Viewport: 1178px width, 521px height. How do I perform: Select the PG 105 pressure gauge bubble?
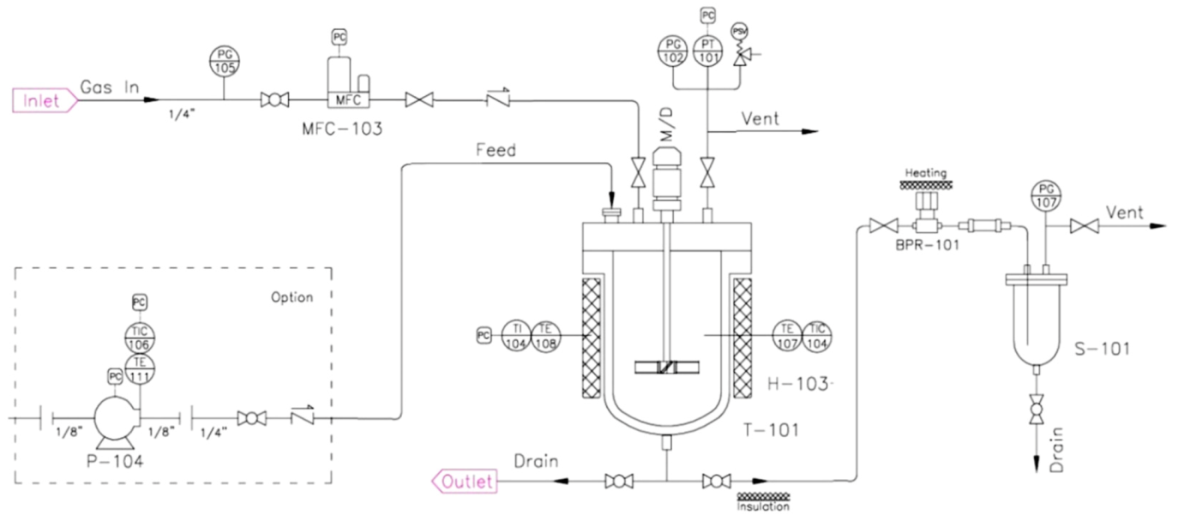pos(225,61)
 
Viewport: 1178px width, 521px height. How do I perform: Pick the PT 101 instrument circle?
pos(707,51)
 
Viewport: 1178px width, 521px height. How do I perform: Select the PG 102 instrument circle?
pos(674,51)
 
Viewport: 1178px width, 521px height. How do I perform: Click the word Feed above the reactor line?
pos(496,151)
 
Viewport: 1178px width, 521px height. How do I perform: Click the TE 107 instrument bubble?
pos(785,333)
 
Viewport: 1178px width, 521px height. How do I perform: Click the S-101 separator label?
pos(1101,349)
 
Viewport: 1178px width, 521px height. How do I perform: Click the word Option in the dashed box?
pos(291,297)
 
